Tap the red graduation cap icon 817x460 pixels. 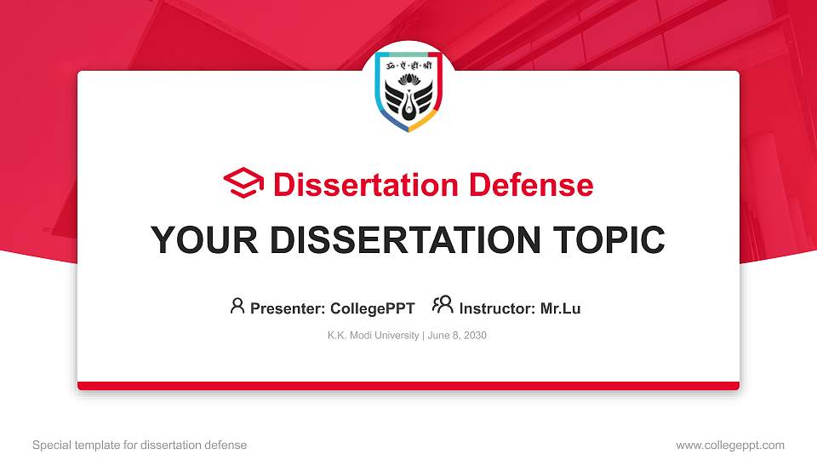[243, 184]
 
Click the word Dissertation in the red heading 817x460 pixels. [353, 185]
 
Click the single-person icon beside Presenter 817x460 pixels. [237, 306]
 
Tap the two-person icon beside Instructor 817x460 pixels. [443, 306]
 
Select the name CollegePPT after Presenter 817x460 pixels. [372, 309]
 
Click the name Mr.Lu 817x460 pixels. [560, 309]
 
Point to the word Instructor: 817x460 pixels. [497, 309]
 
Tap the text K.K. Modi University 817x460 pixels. [373, 336]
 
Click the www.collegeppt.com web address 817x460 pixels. [730, 445]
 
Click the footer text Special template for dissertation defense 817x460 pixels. [140, 445]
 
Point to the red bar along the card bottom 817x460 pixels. [408, 386]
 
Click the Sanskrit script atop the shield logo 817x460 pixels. [408, 66]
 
